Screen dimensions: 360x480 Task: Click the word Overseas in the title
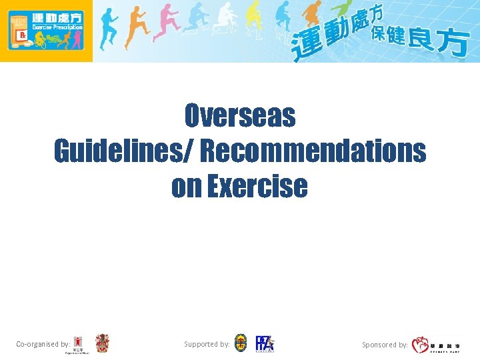[240, 117]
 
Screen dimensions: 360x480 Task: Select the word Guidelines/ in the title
[123, 151]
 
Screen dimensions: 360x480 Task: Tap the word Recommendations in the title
[313, 151]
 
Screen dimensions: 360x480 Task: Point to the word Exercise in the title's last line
[257, 186]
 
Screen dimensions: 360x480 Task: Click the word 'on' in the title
[187, 186]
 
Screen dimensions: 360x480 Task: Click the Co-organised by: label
[43, 344]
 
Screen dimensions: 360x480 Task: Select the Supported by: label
[207, 344]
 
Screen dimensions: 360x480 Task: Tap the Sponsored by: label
[385, 345]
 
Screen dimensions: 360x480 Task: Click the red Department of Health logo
[79, 344]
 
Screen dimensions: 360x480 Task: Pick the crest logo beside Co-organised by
[102, 343]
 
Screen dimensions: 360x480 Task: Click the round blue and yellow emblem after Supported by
[241, 343]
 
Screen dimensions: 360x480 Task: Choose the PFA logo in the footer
[265, 343]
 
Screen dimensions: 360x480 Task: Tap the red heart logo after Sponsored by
[421, 345]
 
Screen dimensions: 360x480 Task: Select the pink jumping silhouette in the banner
[163, 27]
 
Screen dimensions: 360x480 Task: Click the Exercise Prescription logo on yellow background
[46, 31]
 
